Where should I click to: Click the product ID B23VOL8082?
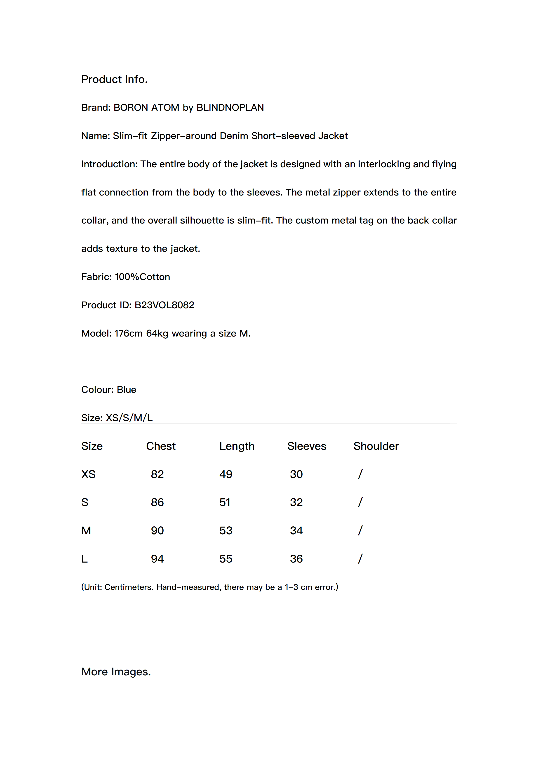(164, 305)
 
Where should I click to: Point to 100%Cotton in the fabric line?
(142, 277)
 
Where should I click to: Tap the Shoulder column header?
(376, 446)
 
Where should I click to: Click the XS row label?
(88, 474)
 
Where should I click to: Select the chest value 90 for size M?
(157, 531)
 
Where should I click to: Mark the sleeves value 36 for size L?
(296, 559)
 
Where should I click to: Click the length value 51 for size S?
(225, 502)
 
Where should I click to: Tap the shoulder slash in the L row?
(360, 559)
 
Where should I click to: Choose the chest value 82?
(157, 474)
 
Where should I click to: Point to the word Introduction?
(109, 164)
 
